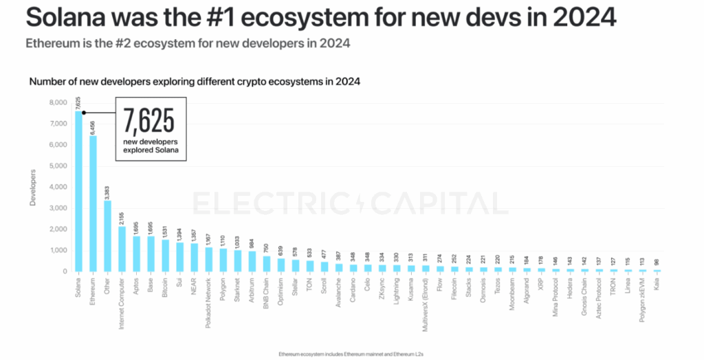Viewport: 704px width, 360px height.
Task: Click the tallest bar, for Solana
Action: point(78,192)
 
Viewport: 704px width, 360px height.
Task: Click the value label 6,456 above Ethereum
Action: point(93,128)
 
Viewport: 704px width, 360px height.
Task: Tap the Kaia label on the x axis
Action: point(657,284)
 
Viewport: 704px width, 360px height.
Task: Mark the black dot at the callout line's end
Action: point(84,113)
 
